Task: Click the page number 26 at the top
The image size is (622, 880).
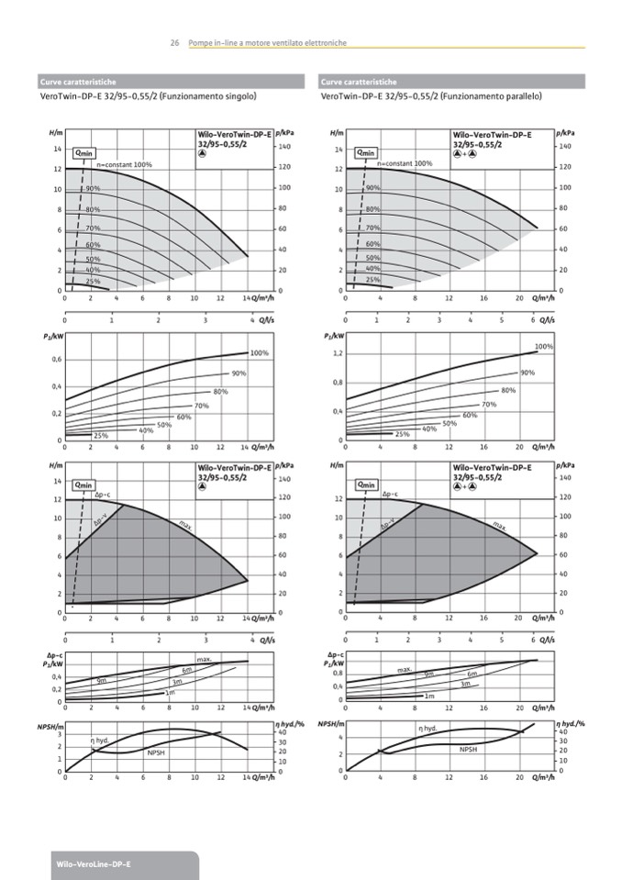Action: click(x=174, y=43)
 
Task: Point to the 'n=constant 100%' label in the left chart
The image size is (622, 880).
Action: click(x=124, y=164)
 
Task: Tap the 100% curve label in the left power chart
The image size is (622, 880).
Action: click(x=259, y=353)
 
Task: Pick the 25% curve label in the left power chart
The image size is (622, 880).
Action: click(x=101, y=435)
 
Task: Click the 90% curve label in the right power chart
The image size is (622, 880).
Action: click(x=528, y=373)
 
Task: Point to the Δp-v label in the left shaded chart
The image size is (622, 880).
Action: click(x=101, y=525)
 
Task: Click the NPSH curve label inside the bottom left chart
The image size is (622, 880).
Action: click(x=156, y=752)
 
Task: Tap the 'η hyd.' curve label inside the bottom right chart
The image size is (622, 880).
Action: click(x=428, y=729)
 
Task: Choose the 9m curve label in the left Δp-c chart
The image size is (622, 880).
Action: click(x=102, y=681)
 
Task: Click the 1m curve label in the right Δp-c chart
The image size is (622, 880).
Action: click(x=428, y=696)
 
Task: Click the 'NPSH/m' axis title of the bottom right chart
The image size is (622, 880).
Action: click(x=330, y=725)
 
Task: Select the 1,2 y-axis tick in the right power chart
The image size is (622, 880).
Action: click(x=338, y=353)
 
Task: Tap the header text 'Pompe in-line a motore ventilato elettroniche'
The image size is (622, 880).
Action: click(x=267, y=43)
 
